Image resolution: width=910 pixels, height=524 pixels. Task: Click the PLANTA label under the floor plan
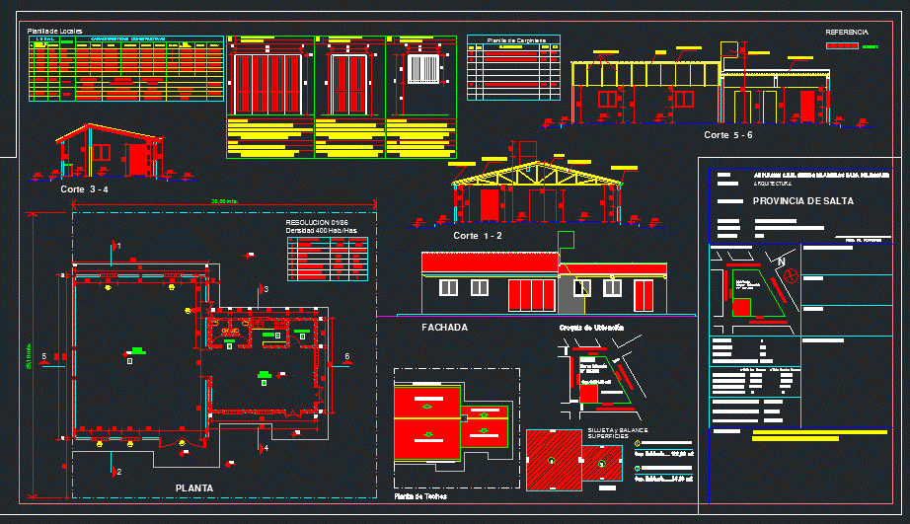(193, 487)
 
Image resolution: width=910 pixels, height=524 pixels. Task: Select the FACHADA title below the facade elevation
(444, 327)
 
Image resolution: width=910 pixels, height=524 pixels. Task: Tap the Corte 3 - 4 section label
(84, 188)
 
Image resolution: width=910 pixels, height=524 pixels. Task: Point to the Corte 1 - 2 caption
(478, 236)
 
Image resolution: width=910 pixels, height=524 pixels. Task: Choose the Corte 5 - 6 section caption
(728, 134)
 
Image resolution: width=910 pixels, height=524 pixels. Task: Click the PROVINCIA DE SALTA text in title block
(802, 200)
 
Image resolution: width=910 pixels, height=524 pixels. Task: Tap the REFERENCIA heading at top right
(846, 33)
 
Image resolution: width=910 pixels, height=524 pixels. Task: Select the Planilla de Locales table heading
(54, 32)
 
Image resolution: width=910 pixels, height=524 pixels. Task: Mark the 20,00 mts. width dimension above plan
(226, 202)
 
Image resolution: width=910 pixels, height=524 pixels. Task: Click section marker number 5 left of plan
(44, 356)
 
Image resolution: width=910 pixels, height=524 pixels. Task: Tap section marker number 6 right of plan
(346, 356)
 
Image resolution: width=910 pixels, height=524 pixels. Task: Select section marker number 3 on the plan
(265, 288)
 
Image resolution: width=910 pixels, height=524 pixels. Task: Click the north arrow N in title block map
(781, 262)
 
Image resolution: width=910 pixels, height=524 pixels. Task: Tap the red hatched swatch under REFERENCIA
(842, 45)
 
